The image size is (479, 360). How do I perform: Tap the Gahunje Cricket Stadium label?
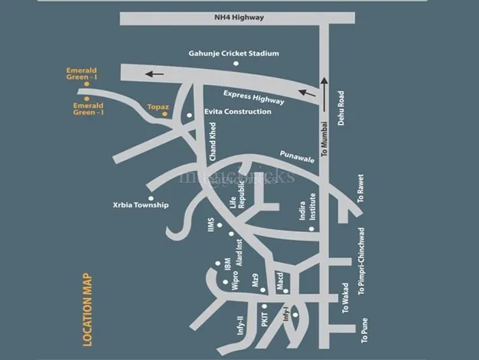234,53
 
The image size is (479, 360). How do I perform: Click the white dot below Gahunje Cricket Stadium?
236,64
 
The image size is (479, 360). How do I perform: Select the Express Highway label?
253,97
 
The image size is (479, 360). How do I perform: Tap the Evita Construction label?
237,112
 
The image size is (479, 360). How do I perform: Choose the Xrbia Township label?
140,205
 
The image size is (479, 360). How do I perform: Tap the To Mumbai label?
324,139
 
